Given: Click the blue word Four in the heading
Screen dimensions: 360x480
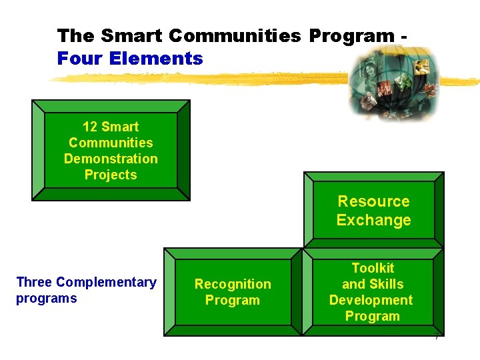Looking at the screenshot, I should [x=79, y=59].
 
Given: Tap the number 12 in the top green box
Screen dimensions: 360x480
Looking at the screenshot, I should [x=90, y=127].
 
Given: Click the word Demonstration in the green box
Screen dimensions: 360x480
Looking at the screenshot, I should [x=111, y=159].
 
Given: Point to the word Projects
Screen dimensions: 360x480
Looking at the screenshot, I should [x=111, y=175].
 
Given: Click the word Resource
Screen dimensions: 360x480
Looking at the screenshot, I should [x=373, y=201].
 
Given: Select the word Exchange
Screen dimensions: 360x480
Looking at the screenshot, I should [x=373, y=220].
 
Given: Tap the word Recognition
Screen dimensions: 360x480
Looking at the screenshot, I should [x=233, y=284].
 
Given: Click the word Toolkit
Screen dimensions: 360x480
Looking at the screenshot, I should [x=373, y=268].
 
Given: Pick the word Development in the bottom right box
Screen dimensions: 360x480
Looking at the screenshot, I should [x=371, y=300].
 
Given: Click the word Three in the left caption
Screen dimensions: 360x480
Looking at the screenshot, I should [x=34, y=282].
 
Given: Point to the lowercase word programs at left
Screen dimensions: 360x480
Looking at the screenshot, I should [x=46, y=298].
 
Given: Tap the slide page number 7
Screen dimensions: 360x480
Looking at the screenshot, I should [x=436, y=337].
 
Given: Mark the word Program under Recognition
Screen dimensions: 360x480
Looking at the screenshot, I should [x=232, y=300].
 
